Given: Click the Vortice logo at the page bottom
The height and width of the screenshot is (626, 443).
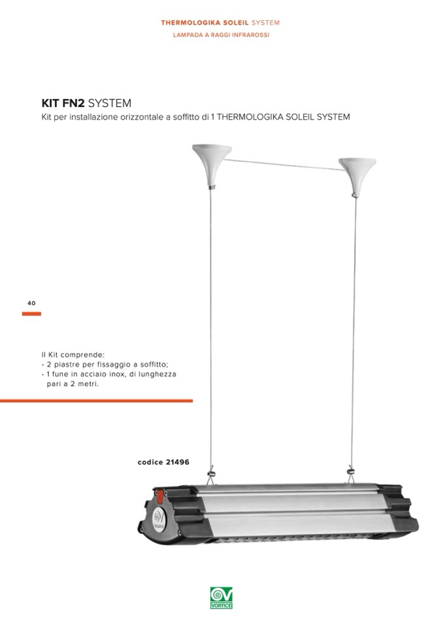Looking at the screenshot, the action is click(221, 598).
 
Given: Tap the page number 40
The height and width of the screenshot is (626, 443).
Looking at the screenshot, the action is click(31, 303).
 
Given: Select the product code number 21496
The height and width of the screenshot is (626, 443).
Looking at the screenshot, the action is click(177, 462).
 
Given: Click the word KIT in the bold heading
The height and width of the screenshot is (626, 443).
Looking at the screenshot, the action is click(51, 103).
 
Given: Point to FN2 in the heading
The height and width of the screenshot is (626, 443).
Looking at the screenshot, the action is click(73, 103).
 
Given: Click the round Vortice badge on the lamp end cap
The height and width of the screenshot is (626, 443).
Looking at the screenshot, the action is click(159, 520).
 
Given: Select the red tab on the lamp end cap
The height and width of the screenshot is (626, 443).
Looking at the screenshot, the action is click(160, 496).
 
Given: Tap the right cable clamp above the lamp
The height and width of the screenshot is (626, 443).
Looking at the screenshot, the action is click(351, 473).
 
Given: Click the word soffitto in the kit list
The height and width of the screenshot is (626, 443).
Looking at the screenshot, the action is click(154, 364).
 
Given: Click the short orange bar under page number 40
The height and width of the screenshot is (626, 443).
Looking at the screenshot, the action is click(31, 314).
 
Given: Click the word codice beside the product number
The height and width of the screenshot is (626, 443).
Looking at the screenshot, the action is click(150, 462).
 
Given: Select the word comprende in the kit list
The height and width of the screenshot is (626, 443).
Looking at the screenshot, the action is click(82, 354).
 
